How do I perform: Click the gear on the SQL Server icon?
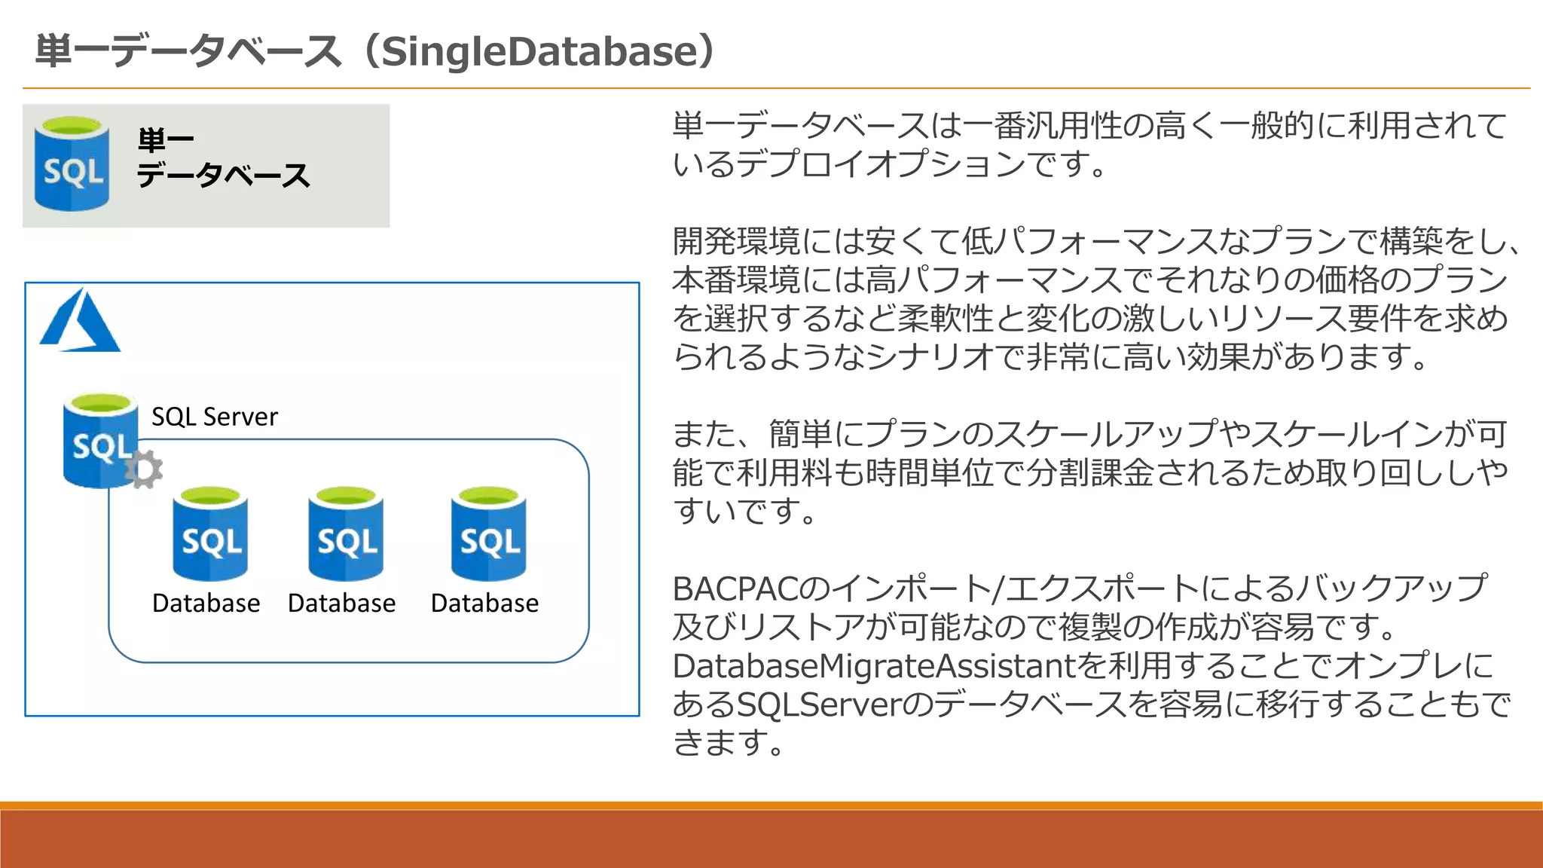(143, 469)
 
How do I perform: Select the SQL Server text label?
(215, 417)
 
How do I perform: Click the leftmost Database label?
(206, 604)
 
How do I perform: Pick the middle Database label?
(341, 604)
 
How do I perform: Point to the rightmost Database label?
(484, 604)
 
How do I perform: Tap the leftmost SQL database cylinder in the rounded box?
(210, 534)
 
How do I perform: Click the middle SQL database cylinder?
(346, 534)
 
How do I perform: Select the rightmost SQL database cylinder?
(489, 534)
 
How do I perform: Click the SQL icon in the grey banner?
(72, 164)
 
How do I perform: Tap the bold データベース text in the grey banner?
(223, 176)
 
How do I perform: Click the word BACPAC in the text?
(734, 589)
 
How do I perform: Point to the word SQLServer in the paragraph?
(817, 704)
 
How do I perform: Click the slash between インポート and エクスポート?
(998, 589)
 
